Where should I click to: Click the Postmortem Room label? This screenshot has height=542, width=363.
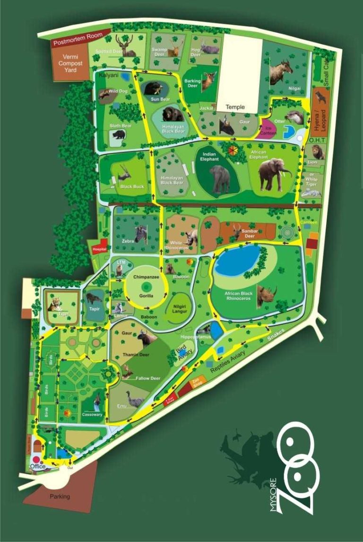[x=81, y=37]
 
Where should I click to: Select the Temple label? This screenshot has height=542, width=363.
[x=235, y=107]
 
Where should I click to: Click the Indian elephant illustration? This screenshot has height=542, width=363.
[x=220, y=178]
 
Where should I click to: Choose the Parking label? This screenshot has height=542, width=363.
[x=60, y=497]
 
